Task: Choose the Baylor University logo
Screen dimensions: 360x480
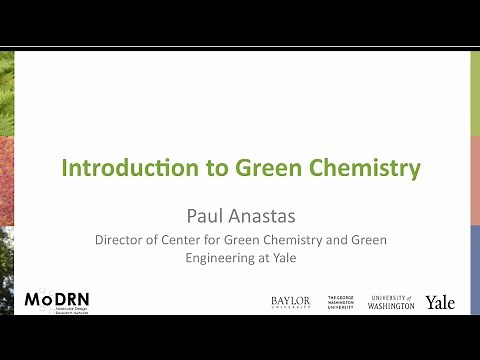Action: [290, 301]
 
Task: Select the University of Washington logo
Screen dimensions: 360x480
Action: [392, 301]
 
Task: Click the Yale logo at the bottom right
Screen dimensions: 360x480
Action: [440, 301]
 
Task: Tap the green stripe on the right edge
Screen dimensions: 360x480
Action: [475, 90]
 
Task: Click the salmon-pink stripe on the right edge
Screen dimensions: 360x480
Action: [475, 180]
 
